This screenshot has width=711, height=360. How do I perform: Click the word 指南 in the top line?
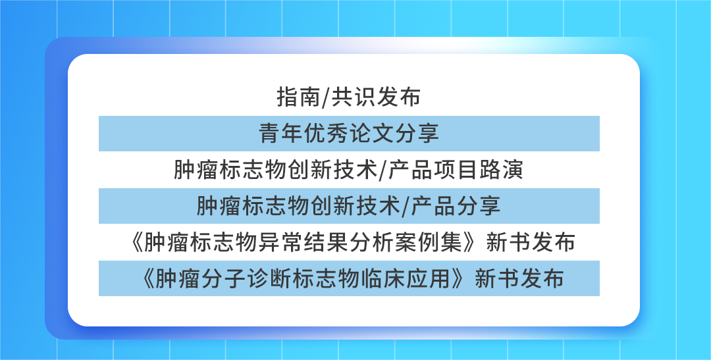click(x=299, y=97)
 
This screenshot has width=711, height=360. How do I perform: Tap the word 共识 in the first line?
click(x=354, y=97)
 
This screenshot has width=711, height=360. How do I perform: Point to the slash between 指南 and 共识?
click(x=326, y=97)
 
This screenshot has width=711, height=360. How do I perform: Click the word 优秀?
click(x=327, y=134)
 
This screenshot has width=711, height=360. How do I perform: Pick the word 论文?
click(x=371, y=134)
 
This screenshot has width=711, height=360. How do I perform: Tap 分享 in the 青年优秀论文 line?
click(x=416, y=134)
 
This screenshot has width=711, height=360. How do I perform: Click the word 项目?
click(x=456, y=170)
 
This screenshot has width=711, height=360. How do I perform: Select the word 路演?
click(x=501, y=170)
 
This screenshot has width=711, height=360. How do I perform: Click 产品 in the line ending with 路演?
click(x=411, y=170)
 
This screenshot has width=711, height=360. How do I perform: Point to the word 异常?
click(x=282, y=242)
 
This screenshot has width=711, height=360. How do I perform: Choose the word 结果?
click(x=327, y=242)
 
